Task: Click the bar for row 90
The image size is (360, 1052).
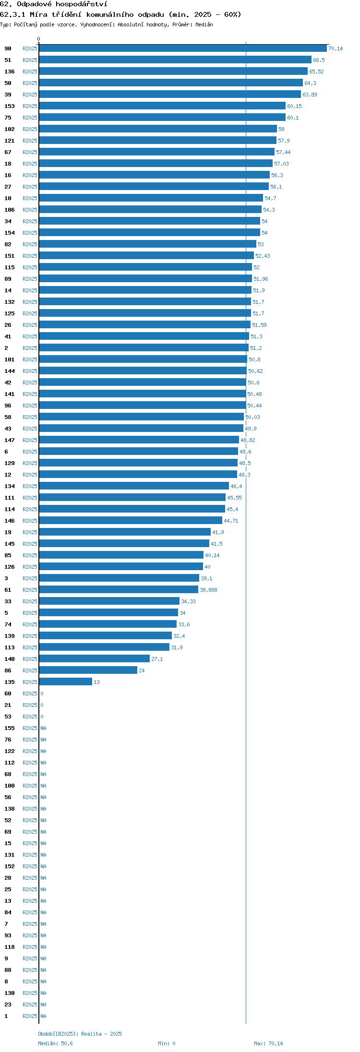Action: pyautogui.click(x=183, y=48)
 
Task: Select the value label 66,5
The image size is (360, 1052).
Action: pyautogui.click(x=319, y=60)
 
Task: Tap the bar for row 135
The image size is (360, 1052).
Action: pyautogui.click(x=66, y=682)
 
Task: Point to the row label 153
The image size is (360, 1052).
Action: pyautogui.click(x=10, y=106)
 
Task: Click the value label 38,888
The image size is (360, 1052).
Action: pyautogui.click(x=208, y=590)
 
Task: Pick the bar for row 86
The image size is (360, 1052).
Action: pyautogui.click(x=88, y=670)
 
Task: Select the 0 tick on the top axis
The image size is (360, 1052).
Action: pyautogui.click(x=39, y=39)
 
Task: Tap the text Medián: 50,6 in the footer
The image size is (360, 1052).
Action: pyautogui.click(x=55, y=1043)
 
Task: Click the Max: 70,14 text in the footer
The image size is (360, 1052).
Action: pyautogui.click(x=268, y=1043)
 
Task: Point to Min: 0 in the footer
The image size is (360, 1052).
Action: pyautogui.click(x=167, y=1043)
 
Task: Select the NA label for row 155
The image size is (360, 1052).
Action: pyautogui.click(x=43, y=728)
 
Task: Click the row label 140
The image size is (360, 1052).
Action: pyautogui.click(x=10, y=659)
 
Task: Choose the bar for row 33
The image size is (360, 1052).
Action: pyautogui.click(x=109, y=601)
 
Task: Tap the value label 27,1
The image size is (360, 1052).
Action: pyautogui.click(x=157, y=659)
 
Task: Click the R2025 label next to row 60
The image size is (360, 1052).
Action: pyautogui.click(x=30, y=693)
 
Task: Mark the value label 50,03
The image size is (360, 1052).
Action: pyautogui.click(x=252, y=417)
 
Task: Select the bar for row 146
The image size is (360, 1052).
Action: pyautogui.click(x=131, y=521)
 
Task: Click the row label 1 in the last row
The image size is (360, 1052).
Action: pyautogui.click(x=6, y=1016)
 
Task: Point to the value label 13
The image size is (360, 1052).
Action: pyautogui.click(x=96, y=682)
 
